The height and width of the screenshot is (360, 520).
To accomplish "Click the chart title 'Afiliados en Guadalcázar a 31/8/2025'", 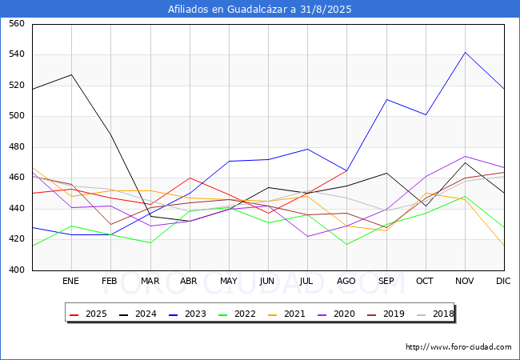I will click(x=260, y=10).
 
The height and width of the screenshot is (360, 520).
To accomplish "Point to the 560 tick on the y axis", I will click(x=15, y=24).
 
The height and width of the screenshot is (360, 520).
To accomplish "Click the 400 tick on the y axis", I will click(x=15, y=270).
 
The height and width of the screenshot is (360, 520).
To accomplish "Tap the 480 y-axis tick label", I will click(x=15, y=147).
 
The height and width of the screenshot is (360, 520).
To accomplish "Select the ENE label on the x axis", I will click(x=71, y=282).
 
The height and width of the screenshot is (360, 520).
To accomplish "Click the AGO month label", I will click(x=346, y=282).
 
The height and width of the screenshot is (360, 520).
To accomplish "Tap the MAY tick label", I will click(x=229, y=282).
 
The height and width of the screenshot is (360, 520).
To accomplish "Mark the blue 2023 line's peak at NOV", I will click(x=465, y=53).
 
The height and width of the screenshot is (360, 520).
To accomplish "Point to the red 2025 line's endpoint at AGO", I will click(x=346, y=170).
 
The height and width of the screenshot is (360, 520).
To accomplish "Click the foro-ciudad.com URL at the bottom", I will click(x=458, y=347).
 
